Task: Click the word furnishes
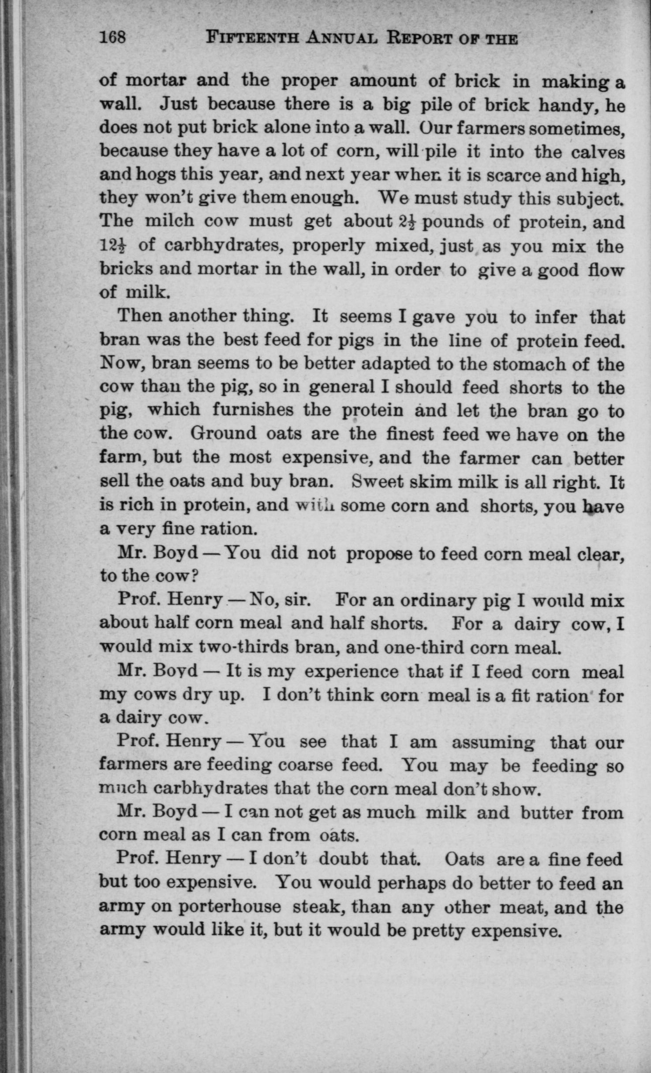(253, 410)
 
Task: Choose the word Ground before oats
(223, 433)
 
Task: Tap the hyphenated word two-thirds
(242, 647)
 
